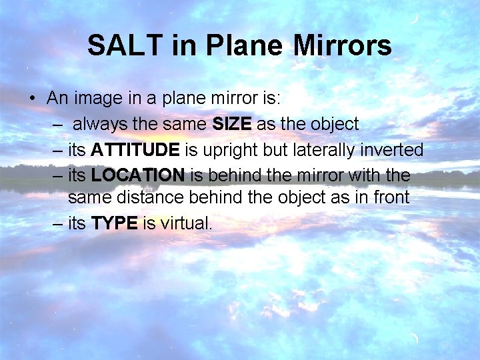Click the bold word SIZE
232,124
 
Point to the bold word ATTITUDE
135,150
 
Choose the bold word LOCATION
138,175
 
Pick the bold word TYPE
114,223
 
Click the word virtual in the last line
187,223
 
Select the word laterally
319,150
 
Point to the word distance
143,198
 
